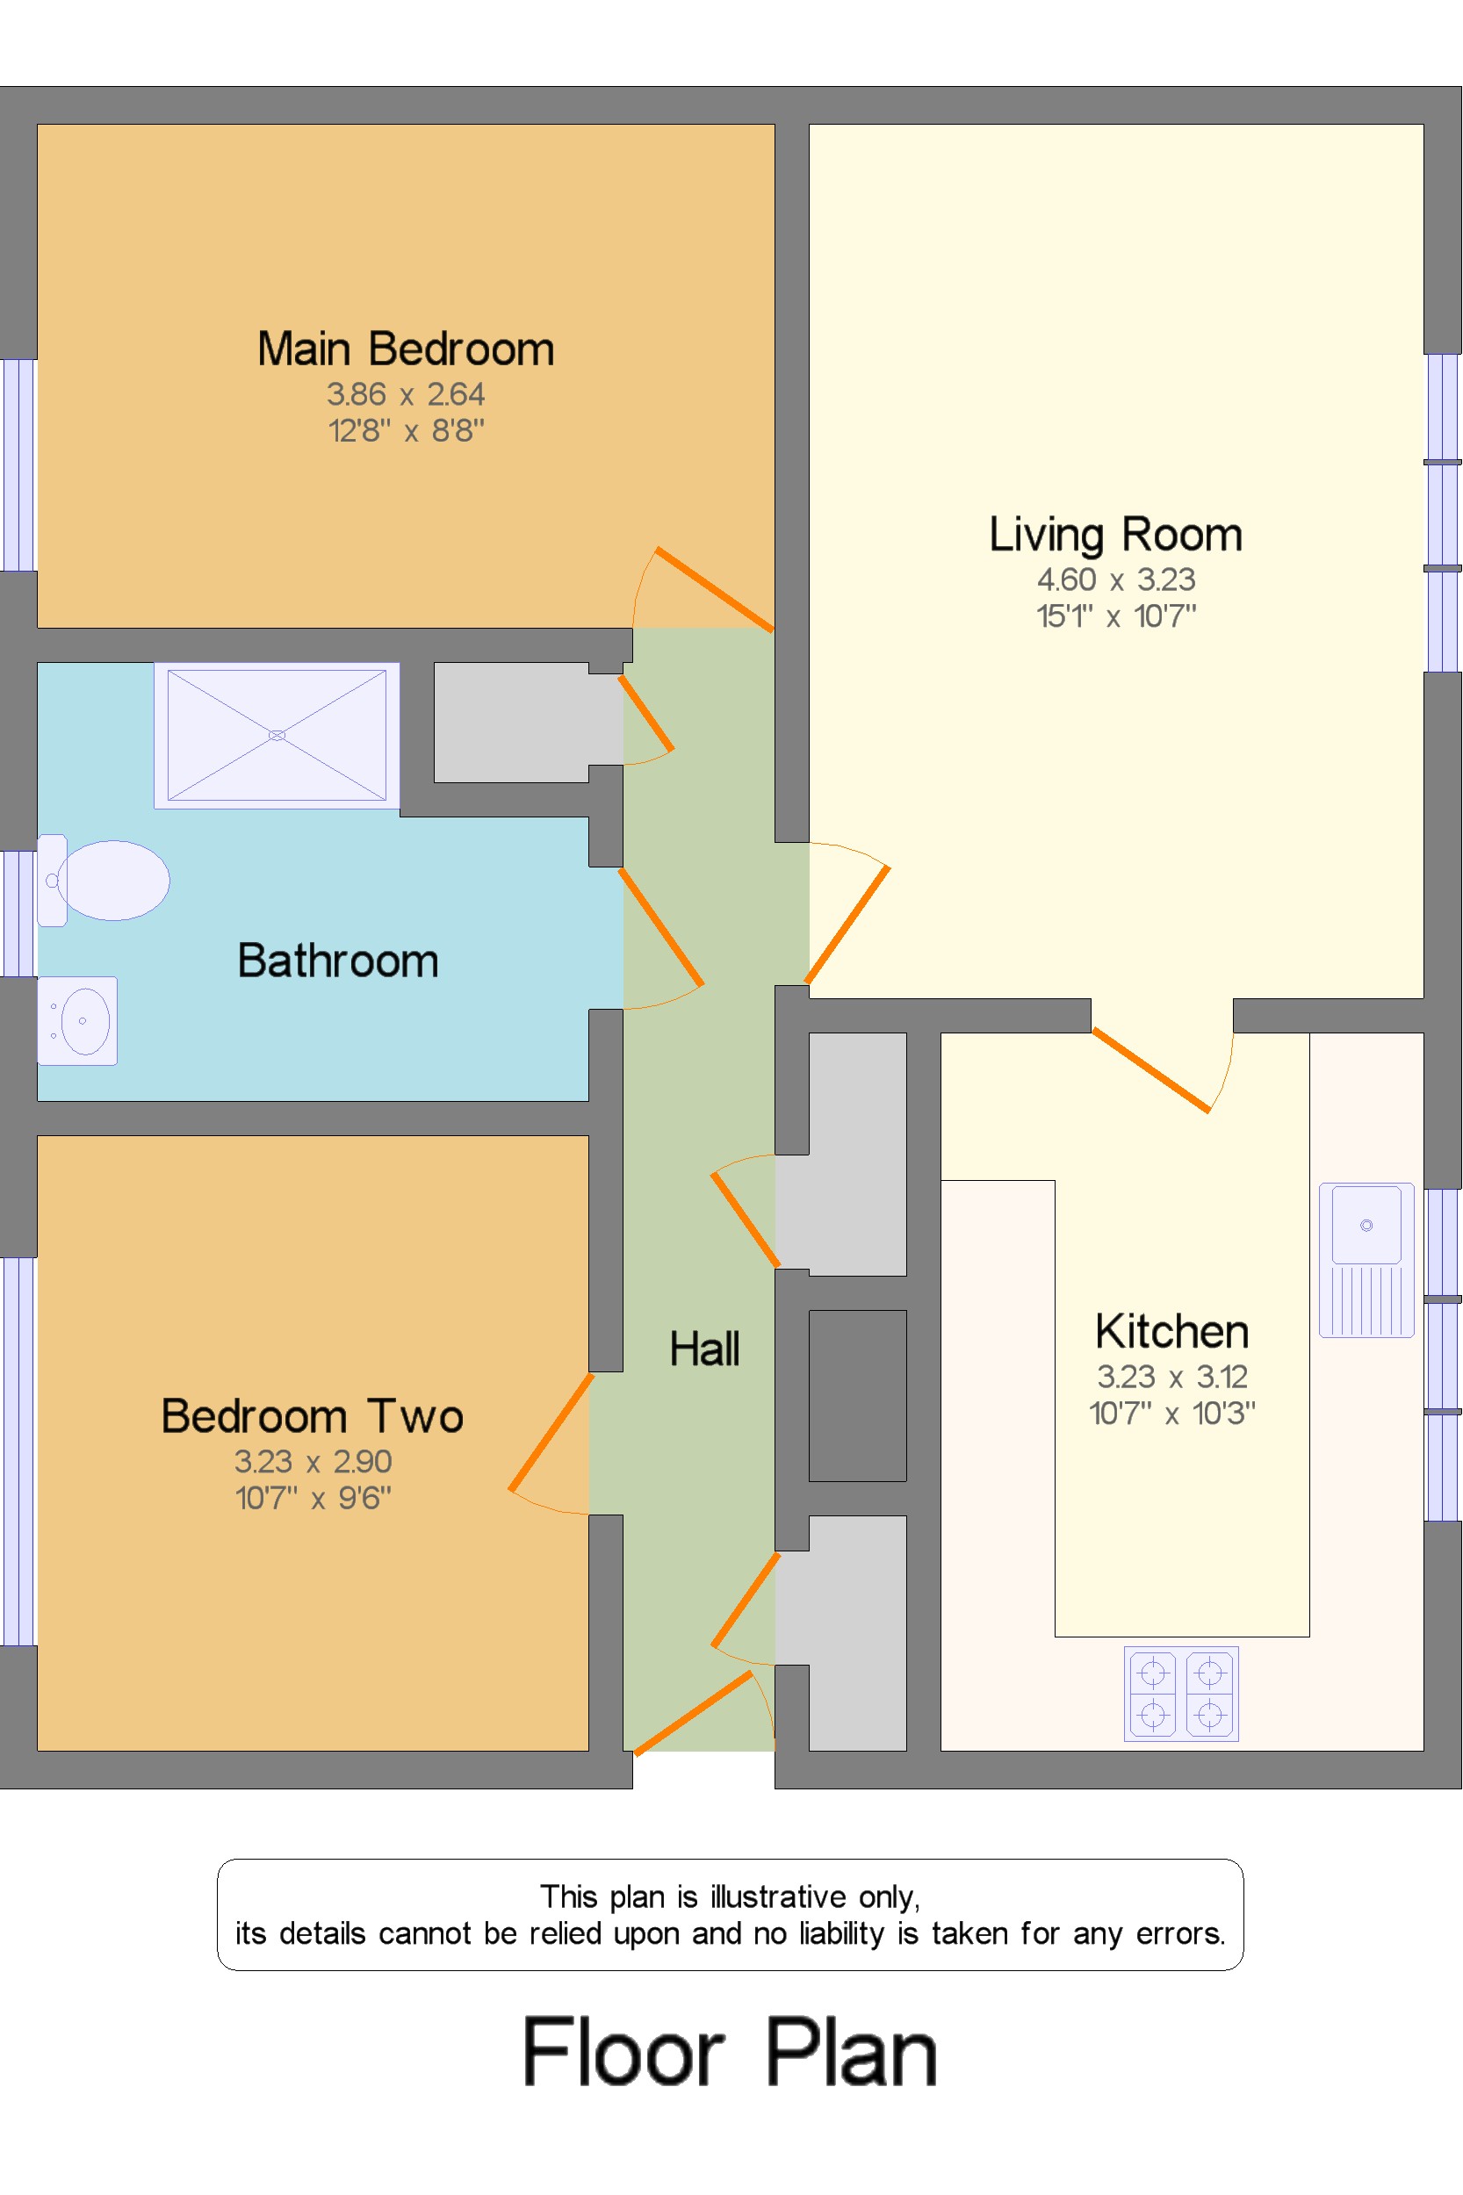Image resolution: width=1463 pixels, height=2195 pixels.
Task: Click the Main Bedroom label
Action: tap(406, 349)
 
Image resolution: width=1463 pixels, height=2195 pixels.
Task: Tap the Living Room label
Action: tap(1116, 536)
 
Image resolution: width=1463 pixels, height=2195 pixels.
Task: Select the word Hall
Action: tap(704, 1349)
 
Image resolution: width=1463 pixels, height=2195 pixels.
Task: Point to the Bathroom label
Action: tap(338, 961)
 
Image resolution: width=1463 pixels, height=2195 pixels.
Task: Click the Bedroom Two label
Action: tap(313, 1416)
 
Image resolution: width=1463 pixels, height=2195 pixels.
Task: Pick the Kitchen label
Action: tap(1171, 1331)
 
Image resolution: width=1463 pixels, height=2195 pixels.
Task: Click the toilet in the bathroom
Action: tap(104, 880)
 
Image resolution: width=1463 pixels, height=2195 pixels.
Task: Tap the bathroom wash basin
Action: tap(77, 1020)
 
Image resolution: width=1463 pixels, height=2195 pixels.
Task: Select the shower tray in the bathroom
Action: tap(277, 735)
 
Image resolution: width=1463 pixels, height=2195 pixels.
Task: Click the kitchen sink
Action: tap(1367, 1260)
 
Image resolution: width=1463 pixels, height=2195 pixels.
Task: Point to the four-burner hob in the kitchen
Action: tap(1181, 1694)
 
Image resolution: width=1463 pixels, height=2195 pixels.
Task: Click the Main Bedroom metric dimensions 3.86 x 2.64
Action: tap(406, 394)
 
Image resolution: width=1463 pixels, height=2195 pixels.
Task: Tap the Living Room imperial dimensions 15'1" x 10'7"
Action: tap(1116, 615)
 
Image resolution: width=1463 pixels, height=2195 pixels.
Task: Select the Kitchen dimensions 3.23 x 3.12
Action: tap(1171, 1377)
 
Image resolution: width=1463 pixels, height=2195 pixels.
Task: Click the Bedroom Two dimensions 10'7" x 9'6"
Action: tap(313, 1498)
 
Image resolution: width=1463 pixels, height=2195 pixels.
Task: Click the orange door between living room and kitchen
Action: tap(1151, 1070)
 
